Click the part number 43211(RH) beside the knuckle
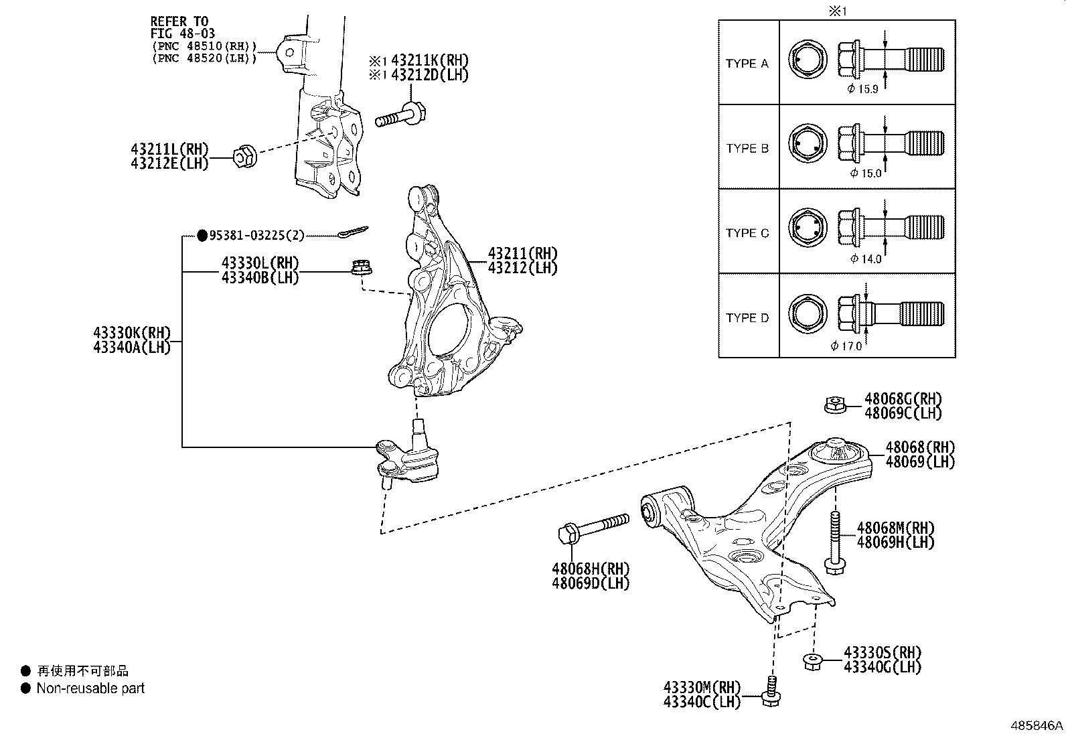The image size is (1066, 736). click(522, 254)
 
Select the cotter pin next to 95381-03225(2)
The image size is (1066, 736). click(353, 232)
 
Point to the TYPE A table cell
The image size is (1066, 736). click(747, 64)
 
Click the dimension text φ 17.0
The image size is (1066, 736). click(846, 346)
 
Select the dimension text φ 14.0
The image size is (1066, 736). click(866, 259)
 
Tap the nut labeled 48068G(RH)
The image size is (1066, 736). click(834, 404)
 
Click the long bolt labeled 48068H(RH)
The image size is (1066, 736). click(592, 526)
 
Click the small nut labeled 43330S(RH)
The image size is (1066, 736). click(812, 661)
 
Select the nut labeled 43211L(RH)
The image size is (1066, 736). click(244, 157)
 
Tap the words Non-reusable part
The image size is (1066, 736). click(90, 688)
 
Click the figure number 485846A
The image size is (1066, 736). click(1037, 725)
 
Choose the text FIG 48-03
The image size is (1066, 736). click(183, 33)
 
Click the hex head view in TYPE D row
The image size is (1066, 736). click(808, 315)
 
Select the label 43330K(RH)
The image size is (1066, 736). click(132, 333)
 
